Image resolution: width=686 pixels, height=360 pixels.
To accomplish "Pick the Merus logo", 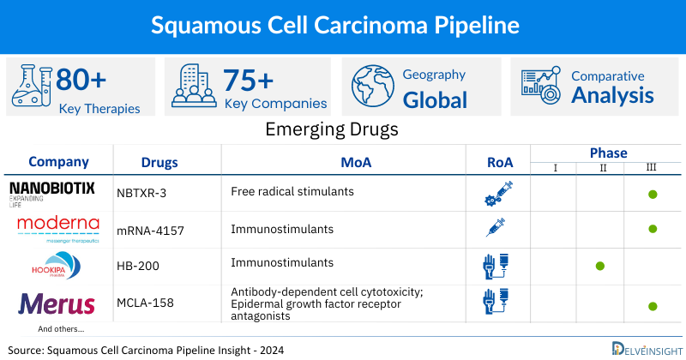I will (51, 304).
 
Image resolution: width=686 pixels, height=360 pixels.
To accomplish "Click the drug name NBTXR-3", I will (143, 193).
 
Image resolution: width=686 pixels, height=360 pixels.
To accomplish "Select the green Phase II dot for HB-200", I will (599, 266).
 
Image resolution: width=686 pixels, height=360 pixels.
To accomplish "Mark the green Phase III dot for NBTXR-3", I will (653, 195).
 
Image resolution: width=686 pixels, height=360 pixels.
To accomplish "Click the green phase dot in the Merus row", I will (653, 305).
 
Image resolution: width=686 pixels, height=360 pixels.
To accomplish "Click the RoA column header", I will (498, 161).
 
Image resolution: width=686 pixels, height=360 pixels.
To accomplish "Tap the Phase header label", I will (608, 153).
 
